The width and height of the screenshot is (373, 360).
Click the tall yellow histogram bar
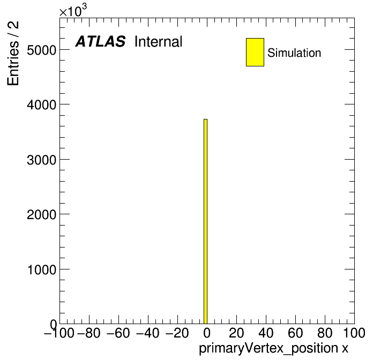206,221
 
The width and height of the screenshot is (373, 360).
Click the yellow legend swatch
255,52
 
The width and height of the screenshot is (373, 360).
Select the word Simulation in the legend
294,53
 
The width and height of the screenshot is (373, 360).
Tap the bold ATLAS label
100,41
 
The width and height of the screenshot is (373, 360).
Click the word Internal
159,42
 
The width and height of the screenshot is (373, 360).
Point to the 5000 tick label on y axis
42,50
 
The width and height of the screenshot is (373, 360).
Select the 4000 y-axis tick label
42,104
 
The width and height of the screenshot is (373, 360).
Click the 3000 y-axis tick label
42,160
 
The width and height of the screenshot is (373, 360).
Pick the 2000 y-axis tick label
42,214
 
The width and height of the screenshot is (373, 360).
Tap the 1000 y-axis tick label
42,269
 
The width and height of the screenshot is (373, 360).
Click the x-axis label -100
59,333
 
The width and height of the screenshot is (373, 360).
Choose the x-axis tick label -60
118,333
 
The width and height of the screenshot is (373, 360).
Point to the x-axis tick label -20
177,333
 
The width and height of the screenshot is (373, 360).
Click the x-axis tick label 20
236,333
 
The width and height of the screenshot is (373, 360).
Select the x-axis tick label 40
266,333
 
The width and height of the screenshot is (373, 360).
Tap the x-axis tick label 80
325,333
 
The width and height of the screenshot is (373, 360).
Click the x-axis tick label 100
354,333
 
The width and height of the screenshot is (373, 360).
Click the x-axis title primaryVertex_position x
273,349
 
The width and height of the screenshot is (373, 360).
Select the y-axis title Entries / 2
13,53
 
